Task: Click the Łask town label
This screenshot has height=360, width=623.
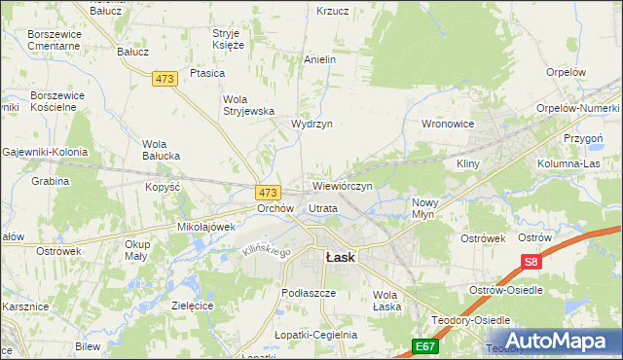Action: coord(340,257)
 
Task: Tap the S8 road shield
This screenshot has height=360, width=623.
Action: coord(531,262)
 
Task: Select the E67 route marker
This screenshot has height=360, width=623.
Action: coord(423,345)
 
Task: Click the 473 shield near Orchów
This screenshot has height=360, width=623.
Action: coord(269,193)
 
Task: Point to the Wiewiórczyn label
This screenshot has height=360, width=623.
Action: coord(343,184)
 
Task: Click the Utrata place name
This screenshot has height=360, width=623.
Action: coord(323,208)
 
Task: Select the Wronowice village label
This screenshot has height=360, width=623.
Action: coord(447,124)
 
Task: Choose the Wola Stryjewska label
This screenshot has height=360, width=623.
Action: coord(250,104)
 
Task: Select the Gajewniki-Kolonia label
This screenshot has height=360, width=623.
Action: coord(45,152)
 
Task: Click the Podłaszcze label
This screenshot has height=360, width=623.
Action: coord(308,292)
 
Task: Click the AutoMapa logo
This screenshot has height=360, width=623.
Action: coord(552,341)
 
